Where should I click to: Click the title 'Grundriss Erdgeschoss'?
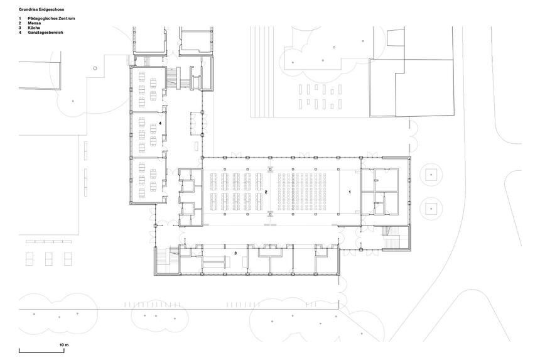point(41,9)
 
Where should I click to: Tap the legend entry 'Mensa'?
point(35,23)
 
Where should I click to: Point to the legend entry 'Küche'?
point(34,28)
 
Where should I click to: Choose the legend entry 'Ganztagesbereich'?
point(45,33)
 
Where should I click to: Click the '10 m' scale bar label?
point(65,345)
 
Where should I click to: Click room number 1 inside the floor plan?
point(350,192)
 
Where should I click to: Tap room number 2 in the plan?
point(266,192)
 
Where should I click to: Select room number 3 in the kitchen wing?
point(235,253)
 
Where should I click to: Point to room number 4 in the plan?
point(160,123)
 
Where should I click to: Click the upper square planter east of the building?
point(431,175)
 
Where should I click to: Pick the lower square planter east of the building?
point(431,209)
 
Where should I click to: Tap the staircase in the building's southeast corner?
point(396,237)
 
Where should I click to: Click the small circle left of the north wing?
point(95,68)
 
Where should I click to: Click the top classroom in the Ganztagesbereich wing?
point(147,89)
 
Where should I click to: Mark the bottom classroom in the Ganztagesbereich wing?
point(147,180)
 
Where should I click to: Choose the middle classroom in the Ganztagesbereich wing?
point(147,134)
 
